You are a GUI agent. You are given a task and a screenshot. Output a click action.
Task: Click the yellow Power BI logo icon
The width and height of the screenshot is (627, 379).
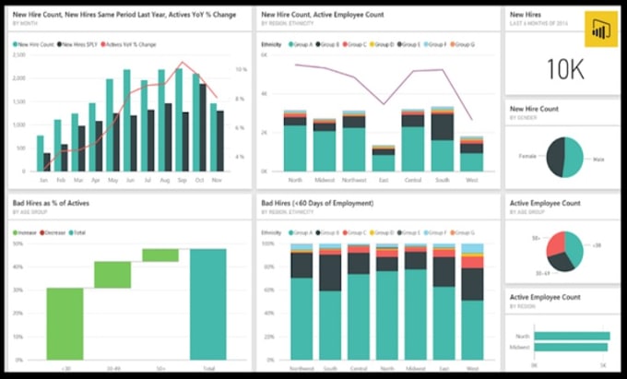click(x=601, y=30)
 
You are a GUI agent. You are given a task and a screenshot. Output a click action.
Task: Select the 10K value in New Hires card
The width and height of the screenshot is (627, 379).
click(x=562, y=68)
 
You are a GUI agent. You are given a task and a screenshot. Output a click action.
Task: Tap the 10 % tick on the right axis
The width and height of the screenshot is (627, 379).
click(x=240, y=69)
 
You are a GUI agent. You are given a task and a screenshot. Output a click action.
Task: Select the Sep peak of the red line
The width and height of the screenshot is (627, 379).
click(x=181, y=64)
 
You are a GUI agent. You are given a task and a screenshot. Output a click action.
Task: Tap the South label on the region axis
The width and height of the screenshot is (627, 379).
click(x=442, y=180)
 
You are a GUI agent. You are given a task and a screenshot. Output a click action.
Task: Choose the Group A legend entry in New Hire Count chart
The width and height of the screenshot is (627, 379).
click(x=300, y=43)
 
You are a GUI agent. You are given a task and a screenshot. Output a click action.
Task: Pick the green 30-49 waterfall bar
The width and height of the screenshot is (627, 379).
click(x=112, y=274)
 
